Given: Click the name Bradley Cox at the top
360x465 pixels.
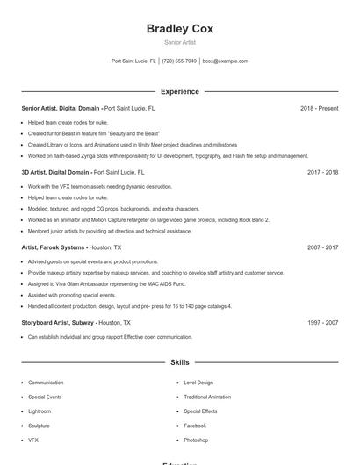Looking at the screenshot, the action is (179, 28).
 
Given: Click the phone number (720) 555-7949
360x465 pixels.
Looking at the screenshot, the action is (179, 61).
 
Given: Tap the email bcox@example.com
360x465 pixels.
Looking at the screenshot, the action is (226, 61).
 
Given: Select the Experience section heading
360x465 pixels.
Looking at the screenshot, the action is (179, 91).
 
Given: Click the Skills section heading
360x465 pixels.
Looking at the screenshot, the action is (179, 361).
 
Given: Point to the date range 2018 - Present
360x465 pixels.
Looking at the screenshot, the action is (319, 108).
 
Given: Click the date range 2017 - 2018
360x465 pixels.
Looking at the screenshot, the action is (322, 172).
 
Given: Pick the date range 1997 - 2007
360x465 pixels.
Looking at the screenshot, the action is (322, 323).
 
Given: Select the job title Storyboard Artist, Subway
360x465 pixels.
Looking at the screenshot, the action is (57, 323).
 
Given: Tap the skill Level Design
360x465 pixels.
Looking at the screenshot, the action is (198, 383).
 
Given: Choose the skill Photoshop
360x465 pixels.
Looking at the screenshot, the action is (196, 440).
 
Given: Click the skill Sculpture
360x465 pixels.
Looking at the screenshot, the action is (40, 426).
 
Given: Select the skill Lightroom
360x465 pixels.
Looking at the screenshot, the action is (40, 411).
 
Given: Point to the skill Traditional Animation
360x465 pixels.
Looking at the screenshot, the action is (207, 397).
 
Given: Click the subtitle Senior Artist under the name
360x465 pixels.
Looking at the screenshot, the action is (179, 42).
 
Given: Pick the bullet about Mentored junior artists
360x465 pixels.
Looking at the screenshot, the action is (110, 231).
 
